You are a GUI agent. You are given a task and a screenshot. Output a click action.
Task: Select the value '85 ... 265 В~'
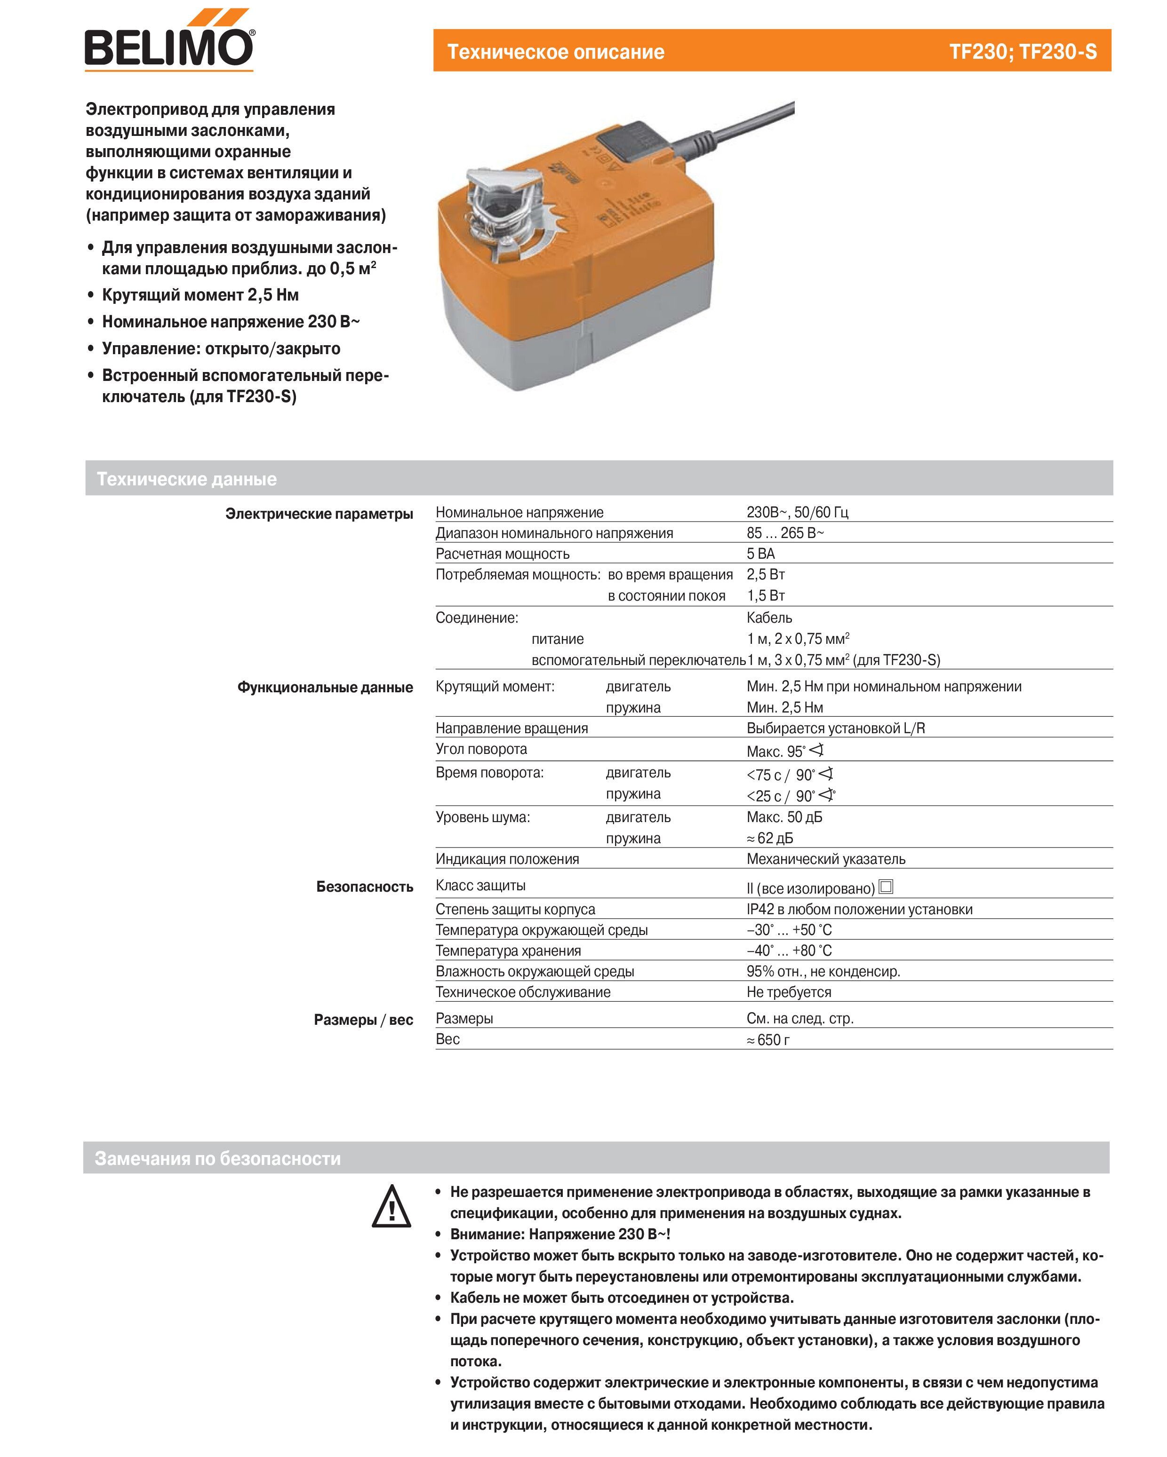(784, 533)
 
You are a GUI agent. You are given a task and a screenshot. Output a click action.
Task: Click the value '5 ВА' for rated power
(760, 554)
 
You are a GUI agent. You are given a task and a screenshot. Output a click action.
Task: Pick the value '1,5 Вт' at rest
(766, 596)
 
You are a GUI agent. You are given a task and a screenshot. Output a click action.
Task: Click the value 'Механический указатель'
(825, 860)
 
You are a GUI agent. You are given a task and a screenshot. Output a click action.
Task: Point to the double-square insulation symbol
(885, 887)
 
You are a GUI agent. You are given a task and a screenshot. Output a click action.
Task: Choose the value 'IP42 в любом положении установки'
(859, 910)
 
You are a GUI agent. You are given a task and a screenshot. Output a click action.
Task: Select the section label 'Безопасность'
(364, 887)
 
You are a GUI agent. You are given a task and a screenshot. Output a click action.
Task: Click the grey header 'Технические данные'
(187, 479)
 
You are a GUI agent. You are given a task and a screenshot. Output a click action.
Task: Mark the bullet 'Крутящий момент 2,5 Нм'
(200, 295)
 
